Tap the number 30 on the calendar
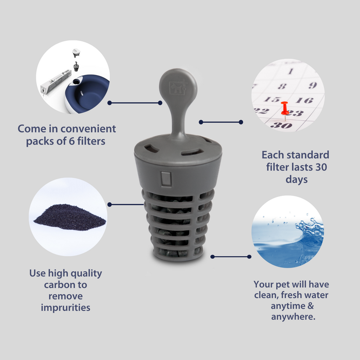pos(281,125)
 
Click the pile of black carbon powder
pos(70,218)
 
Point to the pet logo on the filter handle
pos(178,88)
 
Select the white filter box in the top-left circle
pos(56,82)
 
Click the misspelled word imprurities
pos(65,308)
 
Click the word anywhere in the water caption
pos(293,317)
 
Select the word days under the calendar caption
pos(296,179)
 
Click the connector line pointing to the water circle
pos(231,257)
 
